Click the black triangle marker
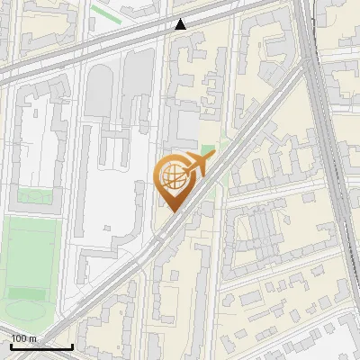pyautogui.click(x=181, y=24)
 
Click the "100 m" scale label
pyautogui.click(x=23, y=338)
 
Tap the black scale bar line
pyautogui.click(x=41, y=346)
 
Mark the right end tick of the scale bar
pyautogui.click(x=72, y=345)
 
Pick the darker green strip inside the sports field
pyautogui.click(x=31, y=292)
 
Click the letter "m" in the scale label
pyautogui.click(x=32, y=338)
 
